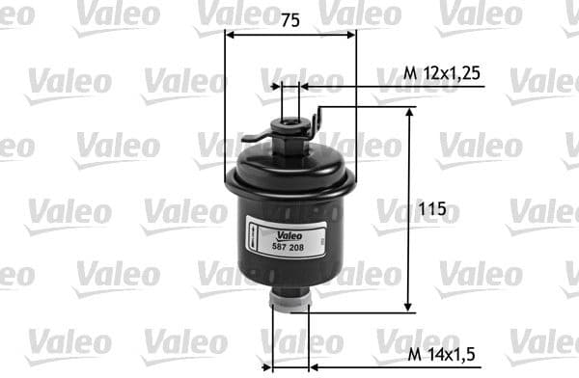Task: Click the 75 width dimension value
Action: pyautogui.click(x=290, y=20)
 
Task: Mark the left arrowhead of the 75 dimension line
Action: pyautogui.click(x=231, y=35)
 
